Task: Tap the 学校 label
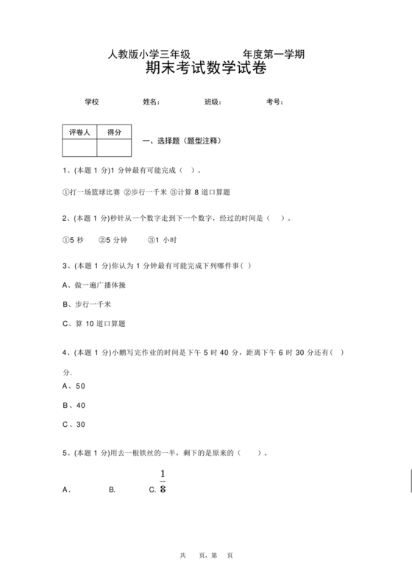tap(91, 102)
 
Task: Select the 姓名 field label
tap(151, 102)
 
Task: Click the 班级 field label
tap(213, 102)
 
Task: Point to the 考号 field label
tap(274, 102)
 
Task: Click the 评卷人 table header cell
tap(79, 132)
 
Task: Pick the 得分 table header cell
tap(114, 132)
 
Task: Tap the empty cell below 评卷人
tap(79, 148)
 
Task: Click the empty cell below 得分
tap(114, 148)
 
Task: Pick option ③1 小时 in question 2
tap(162, 240)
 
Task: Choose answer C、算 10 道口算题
tap(94, 323)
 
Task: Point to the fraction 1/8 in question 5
tap(163, 481)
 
